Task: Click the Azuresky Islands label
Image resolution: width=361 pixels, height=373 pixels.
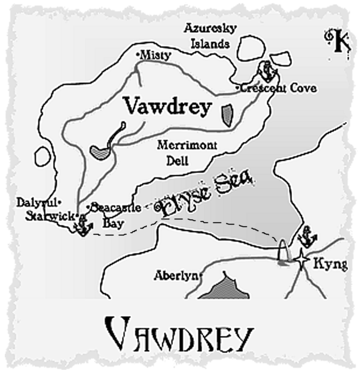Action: tap(211, 35)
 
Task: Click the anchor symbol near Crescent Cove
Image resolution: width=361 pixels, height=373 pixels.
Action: tap(266, 71)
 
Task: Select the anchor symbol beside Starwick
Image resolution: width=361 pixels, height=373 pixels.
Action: tap(83, 226)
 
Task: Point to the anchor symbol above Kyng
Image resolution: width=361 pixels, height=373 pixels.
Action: tap(308, 237)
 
